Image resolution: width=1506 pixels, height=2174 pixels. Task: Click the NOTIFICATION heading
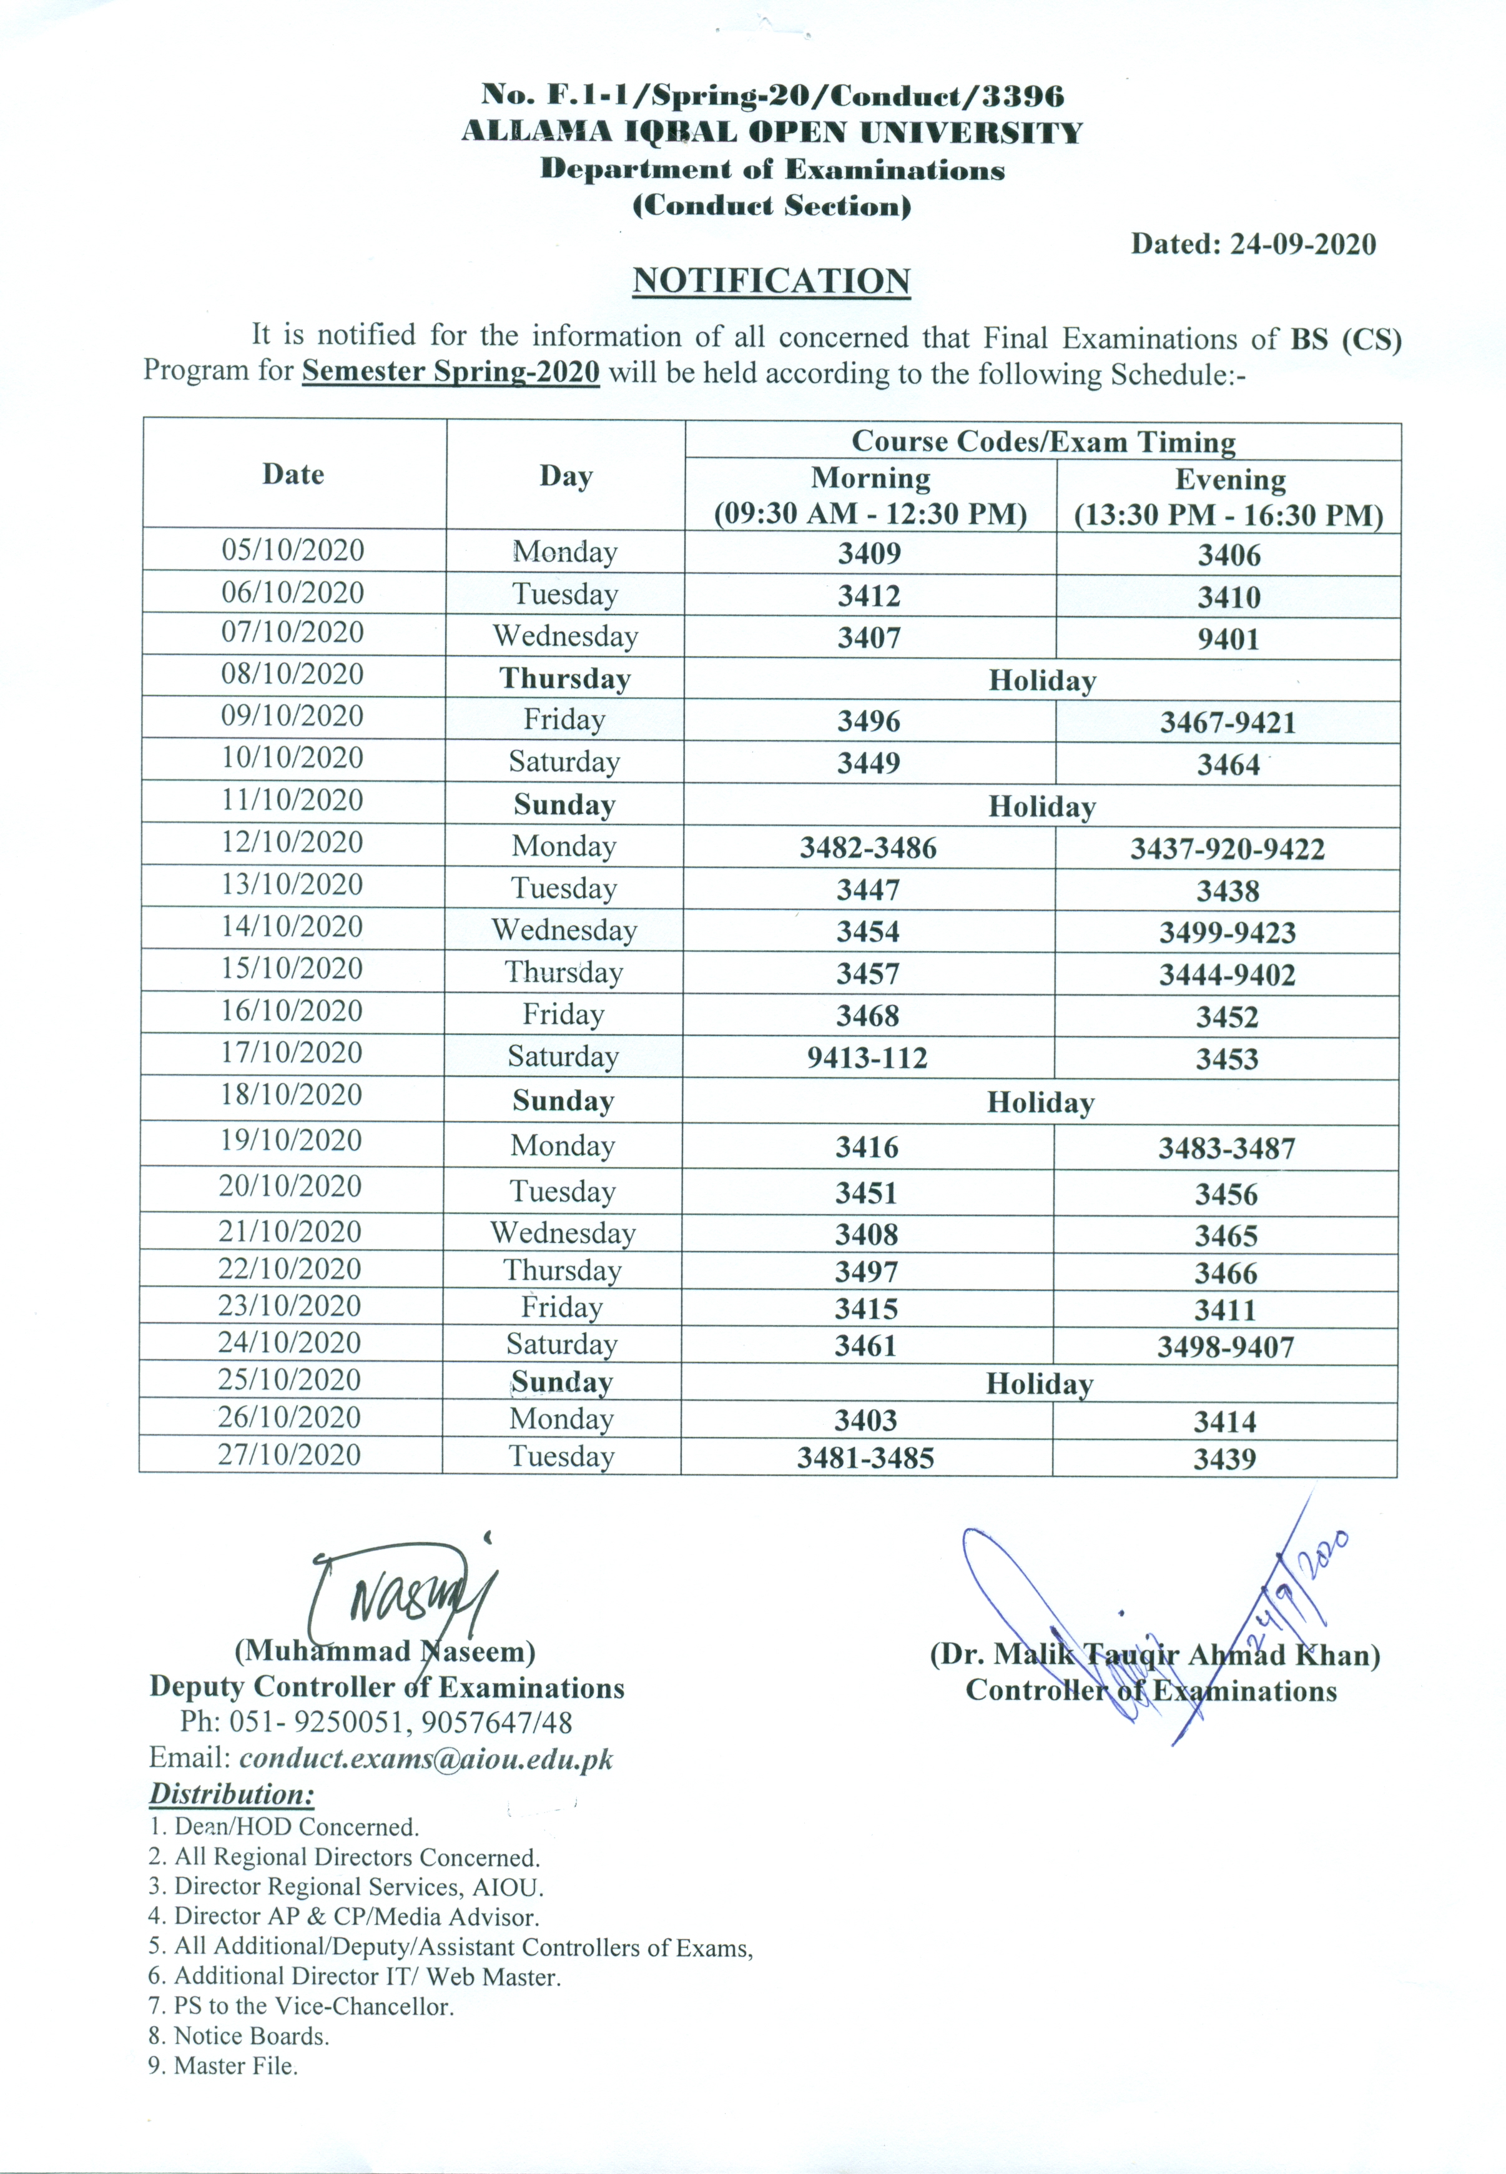pyautogui.click(x=771, y=281)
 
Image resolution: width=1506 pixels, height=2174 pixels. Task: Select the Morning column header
pyautogui.click(x=870, y=478)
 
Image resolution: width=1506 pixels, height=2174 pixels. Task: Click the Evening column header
pyautogui.click(x=1229, y=480)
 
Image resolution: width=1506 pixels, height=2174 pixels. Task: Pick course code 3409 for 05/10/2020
pyautogui.click(x=869, y=553)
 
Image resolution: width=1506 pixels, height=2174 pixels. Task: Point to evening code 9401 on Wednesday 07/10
pyautogui.click(x=1229, y=640)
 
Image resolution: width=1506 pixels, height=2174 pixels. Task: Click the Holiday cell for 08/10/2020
pyautogui.click(x=1041, y=680)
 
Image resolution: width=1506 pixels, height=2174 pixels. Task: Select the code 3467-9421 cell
pyautogui.click(x=1228, y=723)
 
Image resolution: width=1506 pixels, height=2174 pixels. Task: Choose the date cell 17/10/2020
pyautogui.click(x=292, y=1052)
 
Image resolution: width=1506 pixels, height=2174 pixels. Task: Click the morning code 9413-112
pyautogui.click(x=867, y=1058)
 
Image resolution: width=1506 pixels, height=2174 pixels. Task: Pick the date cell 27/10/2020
pyautogui.click(x=290, y=1454)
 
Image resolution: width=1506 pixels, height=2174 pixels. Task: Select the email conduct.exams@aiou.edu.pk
pyautogui.click(x=426, y=1759)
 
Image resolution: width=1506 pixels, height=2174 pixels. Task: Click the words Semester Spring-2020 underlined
pyautogui.click(x=450, y=371)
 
